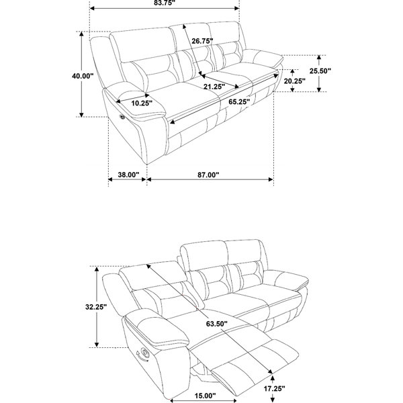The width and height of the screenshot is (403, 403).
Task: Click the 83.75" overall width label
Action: [x=165, y=3]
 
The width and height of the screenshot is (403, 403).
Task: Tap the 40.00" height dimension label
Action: [x=83, y=76]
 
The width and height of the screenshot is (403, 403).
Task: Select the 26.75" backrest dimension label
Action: [x=203, y=41]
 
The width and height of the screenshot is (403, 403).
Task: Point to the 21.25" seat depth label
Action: [x=214, y=87]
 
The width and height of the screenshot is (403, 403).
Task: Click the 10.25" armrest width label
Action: [x=142, y=103]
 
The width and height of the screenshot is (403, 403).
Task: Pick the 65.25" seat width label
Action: [x=239, y=102]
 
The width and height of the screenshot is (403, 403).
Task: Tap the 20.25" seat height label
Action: [x=295, y=81]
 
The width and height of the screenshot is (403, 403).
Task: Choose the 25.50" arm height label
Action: [x=320, y=71]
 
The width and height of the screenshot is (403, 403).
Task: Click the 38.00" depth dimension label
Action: [x=128, y=175]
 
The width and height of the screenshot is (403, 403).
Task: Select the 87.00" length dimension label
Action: [x=208, y=175]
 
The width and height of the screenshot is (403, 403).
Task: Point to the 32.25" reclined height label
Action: [x=96, y=307]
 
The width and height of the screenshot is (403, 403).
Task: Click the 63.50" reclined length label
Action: [x=217, y=324]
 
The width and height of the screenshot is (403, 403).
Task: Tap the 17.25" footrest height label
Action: [x=275, y=389]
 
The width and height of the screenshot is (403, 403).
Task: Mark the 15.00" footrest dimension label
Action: [x=205, y=396]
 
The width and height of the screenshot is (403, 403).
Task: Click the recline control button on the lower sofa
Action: [x=144, y=352]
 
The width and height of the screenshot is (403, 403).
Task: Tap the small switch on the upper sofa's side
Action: [x=122, y=117]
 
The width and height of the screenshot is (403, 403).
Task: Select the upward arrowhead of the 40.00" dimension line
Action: [x=81, y=34]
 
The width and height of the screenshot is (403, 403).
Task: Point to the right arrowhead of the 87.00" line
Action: [x=271, y=179]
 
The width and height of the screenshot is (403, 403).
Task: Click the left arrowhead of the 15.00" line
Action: [x=173, y=400]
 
